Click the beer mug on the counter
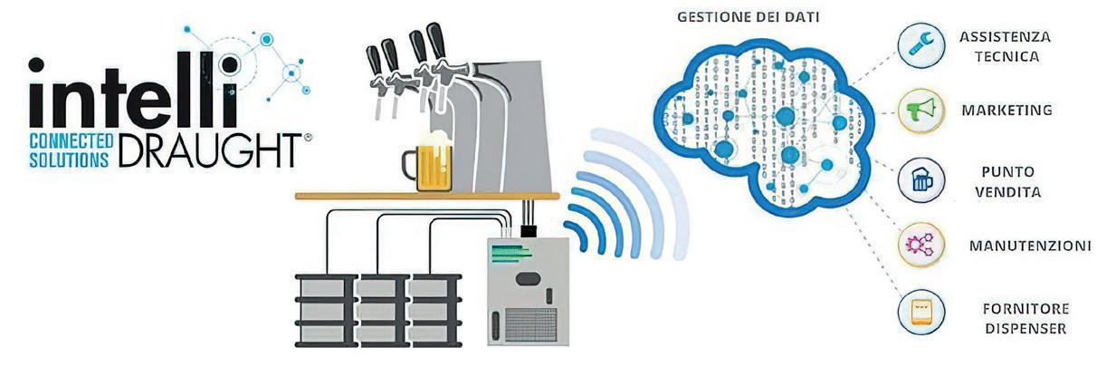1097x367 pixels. pyautogui.click(x=431, y=164)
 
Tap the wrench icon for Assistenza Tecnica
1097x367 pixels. pyautogui.click(x=921, y=44)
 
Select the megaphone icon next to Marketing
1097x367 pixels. pyautogui.click(x=921, y=111)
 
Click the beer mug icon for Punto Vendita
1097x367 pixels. pyautogui.click(x=921, y=180)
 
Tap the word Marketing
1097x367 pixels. pyautogui.click(x=1006, y=111)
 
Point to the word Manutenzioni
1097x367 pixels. pyautogui.click(x=1028, y=246)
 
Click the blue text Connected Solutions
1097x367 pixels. pyautogui.click(x=71, y=150)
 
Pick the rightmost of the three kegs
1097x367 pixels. pyautogui.click(x=434, y=308)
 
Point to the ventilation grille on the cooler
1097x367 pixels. pyautogui.click(x=531, y=324)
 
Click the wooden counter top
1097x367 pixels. pyautogui.click(x=425, y=195)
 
